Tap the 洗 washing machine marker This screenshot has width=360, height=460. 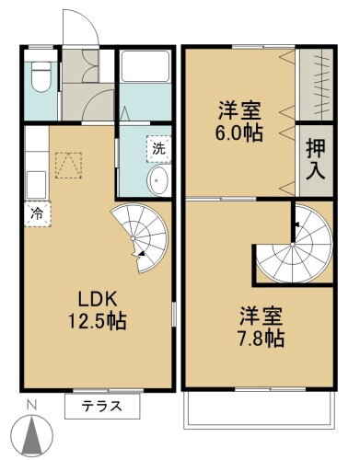tap(157, 146)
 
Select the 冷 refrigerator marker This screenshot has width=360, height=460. tap(38, 211)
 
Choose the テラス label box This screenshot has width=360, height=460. tap(101, 406)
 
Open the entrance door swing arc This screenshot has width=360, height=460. tap(80, 23)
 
